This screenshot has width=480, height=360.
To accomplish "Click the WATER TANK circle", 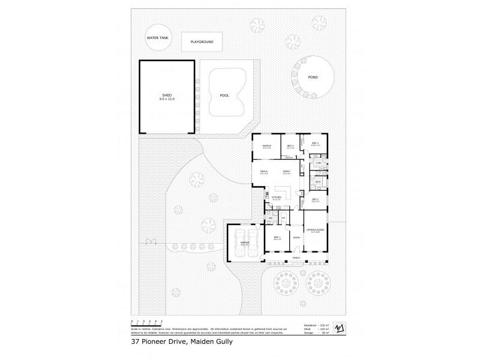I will (x=155, y=38).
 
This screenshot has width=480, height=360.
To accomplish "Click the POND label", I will (x=313, y=77).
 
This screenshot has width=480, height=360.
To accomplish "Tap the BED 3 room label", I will (x=315, y=143).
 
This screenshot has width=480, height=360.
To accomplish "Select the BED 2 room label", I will (x=314, y=200).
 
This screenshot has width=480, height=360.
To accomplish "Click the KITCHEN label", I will (x=277, y=197).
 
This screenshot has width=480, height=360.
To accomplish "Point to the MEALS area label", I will (x=263, y=172).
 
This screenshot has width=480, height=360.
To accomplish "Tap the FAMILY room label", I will (x=286, y=172).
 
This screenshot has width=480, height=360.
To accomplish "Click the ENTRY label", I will (x=296, y=238).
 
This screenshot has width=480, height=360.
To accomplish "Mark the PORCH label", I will (x=296, y=258).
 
